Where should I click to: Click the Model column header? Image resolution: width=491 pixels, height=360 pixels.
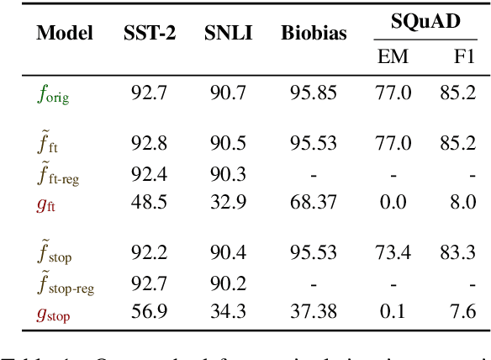point(65,34)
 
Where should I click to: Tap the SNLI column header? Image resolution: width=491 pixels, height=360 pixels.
point(228,34)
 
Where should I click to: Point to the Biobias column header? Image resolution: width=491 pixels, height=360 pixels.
point(314,34)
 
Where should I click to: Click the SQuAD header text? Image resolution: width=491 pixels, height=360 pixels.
point(425,22)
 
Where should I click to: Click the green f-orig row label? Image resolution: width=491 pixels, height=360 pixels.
point(52,93)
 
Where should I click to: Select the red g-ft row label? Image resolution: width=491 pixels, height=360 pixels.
point(49,203)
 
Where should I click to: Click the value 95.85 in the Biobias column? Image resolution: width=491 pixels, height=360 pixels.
point(314,93)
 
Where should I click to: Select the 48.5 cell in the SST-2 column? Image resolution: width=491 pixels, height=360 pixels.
point(149,202)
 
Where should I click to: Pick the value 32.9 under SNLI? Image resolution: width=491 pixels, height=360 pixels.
point(227,202)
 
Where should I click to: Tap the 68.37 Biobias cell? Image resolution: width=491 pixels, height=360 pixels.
point(314,202)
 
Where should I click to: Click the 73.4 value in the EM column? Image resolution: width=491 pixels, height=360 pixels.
point(393,252)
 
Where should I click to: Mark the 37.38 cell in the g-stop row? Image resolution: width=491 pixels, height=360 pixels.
point(314,313)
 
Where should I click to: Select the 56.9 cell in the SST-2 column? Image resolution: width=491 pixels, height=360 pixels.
point(149,313)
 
